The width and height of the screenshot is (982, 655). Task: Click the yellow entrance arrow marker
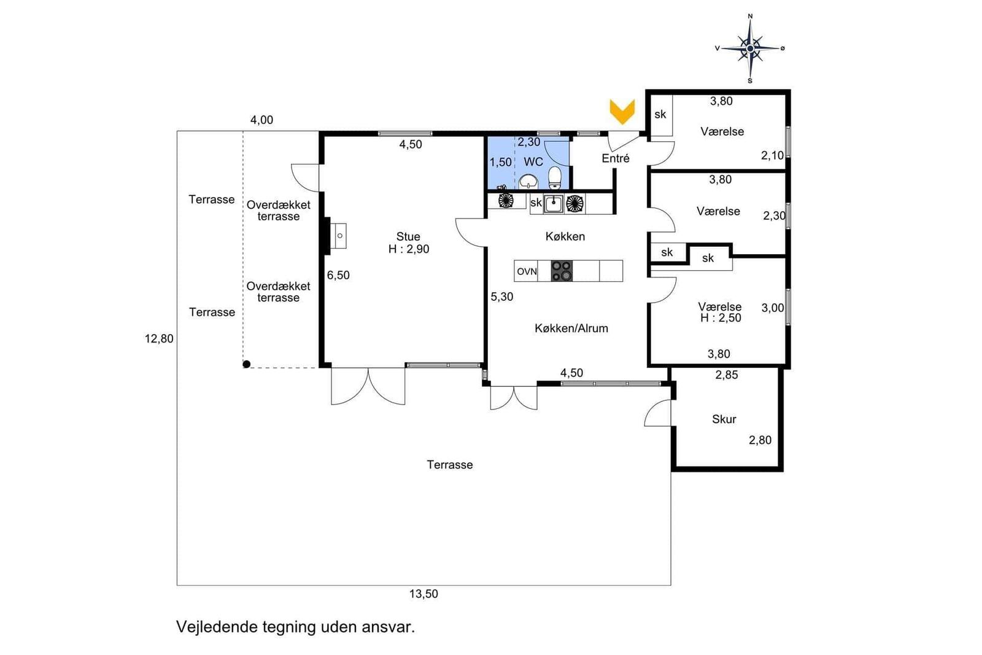pos(622,111)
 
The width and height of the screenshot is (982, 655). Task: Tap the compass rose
pos(750,48)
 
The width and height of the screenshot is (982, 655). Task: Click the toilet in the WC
pos(555,177)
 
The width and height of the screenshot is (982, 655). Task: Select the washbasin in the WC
pos(528,181)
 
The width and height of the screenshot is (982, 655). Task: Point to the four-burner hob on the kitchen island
pos(562,271)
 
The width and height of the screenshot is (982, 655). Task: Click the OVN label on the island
pos(527,271)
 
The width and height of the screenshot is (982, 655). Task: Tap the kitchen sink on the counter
pos(553,204)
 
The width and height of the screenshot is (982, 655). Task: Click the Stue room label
pos(408,237)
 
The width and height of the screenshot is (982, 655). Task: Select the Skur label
pos(724,419)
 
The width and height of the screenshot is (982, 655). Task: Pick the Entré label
pos(616,158)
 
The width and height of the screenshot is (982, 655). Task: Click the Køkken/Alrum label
pos(571,328)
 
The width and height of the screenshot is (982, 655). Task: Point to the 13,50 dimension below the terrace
pos(423,594)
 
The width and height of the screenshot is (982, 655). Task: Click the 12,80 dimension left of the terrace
pos(159,338)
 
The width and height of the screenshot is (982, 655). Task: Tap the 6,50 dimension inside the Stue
pos(338,276)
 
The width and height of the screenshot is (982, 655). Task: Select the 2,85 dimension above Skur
pos(727,375)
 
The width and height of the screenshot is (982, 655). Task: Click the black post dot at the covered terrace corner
pos(247,364)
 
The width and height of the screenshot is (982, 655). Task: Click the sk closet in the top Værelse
pos(661,115)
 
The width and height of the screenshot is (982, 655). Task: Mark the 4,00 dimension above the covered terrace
pos(261,120)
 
